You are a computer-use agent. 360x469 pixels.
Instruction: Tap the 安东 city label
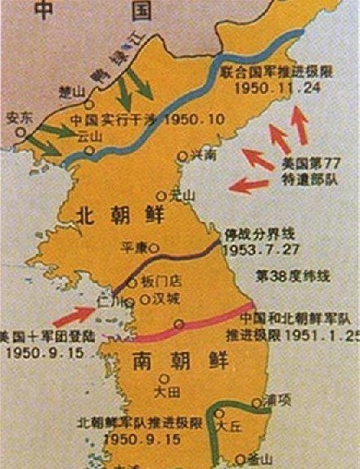tap(19, 117)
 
